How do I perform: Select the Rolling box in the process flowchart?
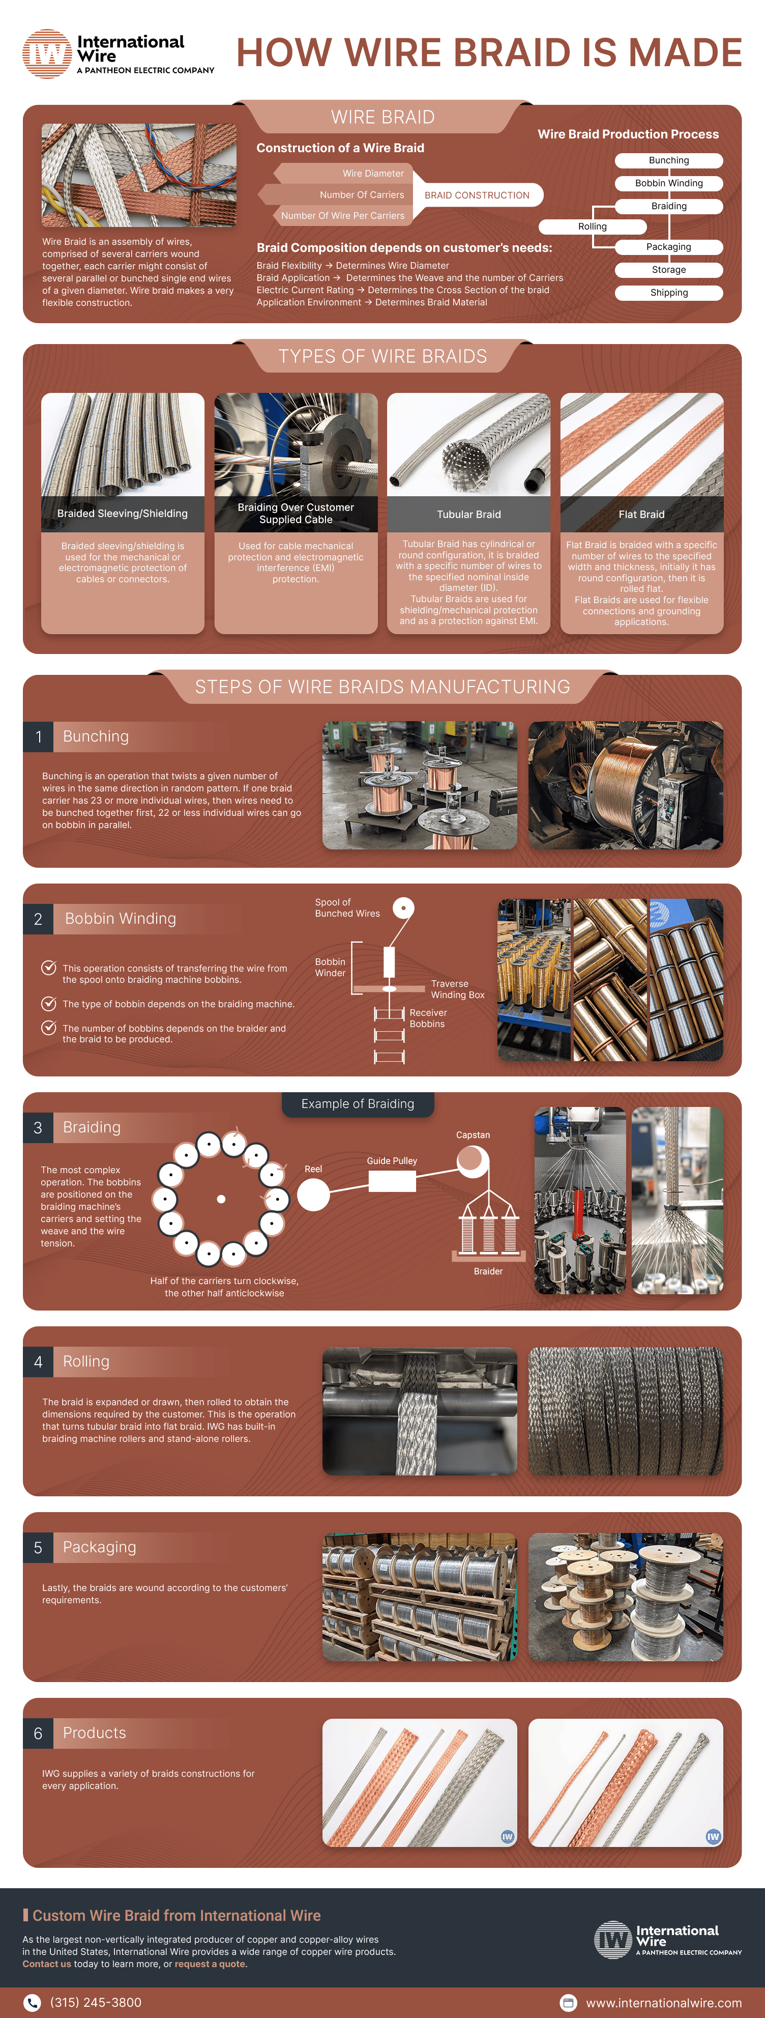592,226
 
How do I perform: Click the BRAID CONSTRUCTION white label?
476,195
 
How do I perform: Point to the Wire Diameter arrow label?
373,173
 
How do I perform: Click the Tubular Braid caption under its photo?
468,514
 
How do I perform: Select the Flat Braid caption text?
641,514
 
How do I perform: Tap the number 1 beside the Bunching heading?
38,736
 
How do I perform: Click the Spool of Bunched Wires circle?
403,908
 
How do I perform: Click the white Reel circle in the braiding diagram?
313,1195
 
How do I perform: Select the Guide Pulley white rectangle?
392,1181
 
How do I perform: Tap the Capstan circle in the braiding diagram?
472,1160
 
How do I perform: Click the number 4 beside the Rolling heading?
38,1361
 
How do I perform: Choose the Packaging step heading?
100,1547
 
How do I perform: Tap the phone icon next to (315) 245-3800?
32,2002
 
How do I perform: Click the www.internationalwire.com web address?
663,2002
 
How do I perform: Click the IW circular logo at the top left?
47,54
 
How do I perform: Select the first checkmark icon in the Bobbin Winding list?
48,968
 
